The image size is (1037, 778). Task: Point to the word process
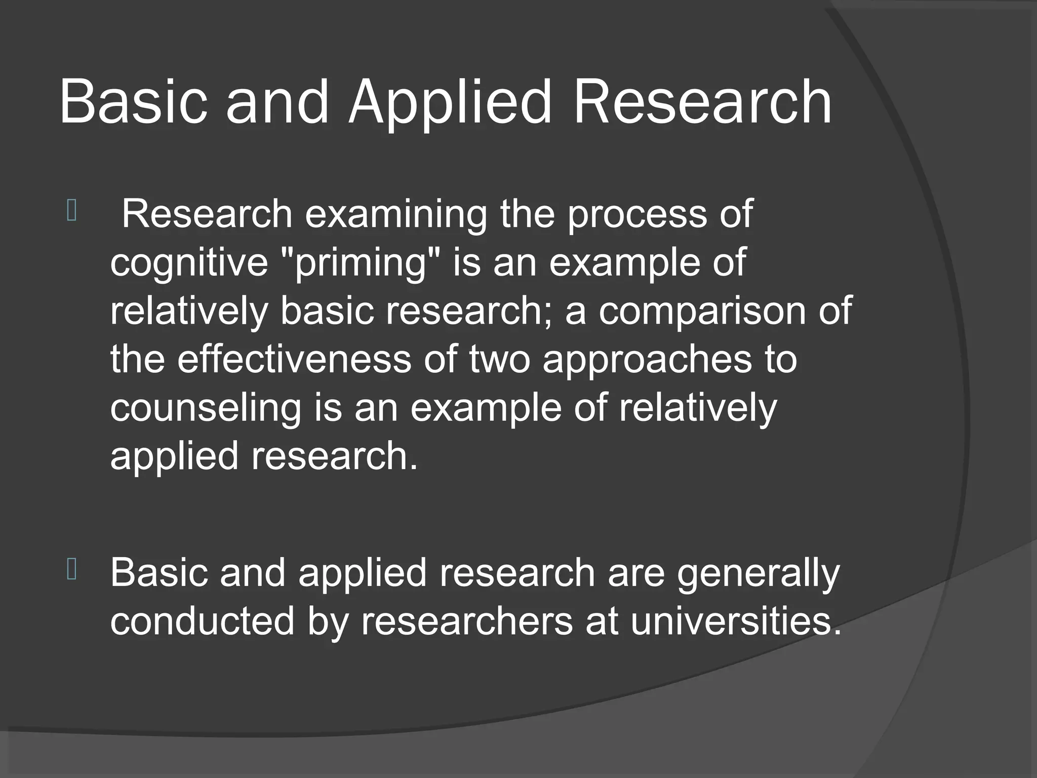coord(635,215)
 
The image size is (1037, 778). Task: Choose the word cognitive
coord(189,263)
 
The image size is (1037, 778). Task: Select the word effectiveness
coord(294,359)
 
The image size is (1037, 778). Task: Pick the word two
coord(499,359)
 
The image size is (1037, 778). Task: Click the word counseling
coord(206,408)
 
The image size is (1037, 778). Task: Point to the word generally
coord(758,574)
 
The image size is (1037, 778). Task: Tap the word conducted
coord(202,622)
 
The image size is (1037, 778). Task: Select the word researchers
coord(466,622)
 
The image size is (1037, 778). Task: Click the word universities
coord(735,622)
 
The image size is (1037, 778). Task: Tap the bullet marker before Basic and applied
coord(71,571)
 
